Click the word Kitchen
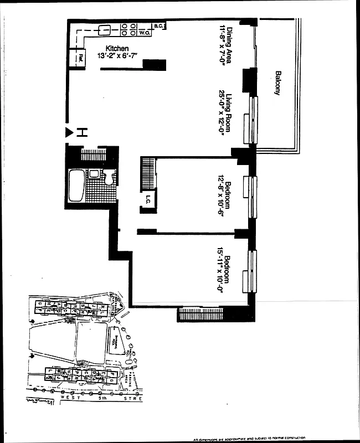point(117,49)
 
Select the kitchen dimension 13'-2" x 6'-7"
point(117,56)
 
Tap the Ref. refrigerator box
point(80,56)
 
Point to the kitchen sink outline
point(104,29)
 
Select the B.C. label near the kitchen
point(158,25)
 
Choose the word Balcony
point(277,83)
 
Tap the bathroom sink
point(94,174)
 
